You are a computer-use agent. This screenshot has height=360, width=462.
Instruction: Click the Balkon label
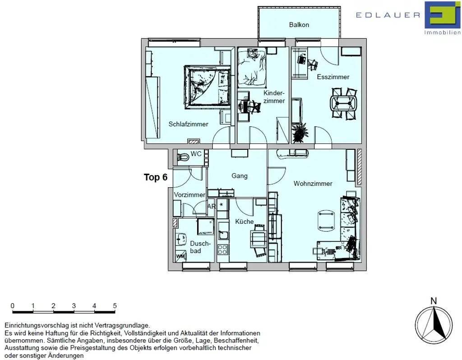tap(299, 25)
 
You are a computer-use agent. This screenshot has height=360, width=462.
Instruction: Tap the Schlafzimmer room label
tap(189, 124)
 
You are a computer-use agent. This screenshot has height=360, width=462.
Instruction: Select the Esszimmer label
tap(333, 77)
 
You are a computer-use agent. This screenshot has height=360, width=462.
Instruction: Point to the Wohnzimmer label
tap(313, 184)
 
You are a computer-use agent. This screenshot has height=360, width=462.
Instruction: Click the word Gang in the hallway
tap(240, 176)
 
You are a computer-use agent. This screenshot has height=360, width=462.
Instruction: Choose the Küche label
tap(244, 222)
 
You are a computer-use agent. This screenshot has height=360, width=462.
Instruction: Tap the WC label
tap(196, 154)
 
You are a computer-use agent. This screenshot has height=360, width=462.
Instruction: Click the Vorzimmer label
tap(189, 195)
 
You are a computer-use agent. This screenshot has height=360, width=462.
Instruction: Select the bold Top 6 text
tap(156, 177)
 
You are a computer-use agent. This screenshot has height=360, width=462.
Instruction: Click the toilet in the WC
tap(183, 157)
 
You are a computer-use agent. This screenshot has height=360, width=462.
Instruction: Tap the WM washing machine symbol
tap(180, 256)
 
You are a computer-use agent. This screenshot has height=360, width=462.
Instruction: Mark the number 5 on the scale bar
tap(115, 306)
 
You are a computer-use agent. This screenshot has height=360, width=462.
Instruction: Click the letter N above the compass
tap(434, 301)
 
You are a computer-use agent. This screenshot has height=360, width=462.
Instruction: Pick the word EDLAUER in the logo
tap(388, 15)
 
